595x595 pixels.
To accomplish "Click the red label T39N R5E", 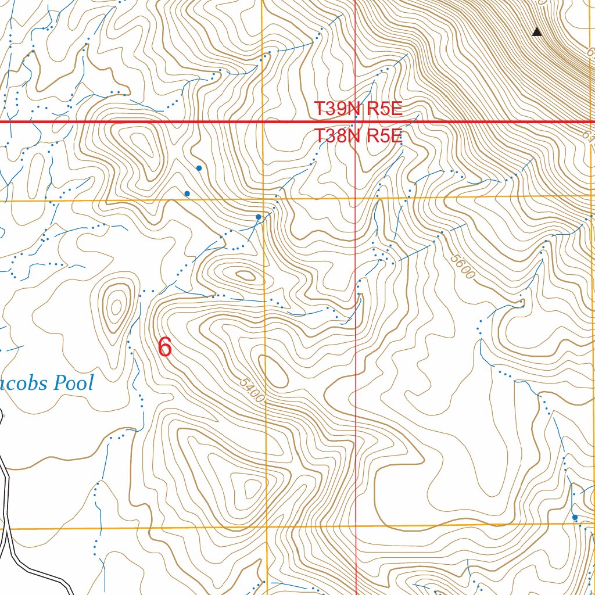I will click(x=358, y=109).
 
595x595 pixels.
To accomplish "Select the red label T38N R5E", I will click(x=358, y=137).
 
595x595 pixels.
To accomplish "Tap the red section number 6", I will click(x=165, y=347).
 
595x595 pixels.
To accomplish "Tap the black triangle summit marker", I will click(x=537, y=32).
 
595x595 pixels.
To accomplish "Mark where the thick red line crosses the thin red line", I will click(x=356, y=122).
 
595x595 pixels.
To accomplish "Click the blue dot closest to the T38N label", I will click(x=199, y=168).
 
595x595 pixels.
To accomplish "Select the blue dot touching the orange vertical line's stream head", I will click(x=259, y=217).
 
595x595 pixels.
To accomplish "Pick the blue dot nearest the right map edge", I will click(x=575, y=517).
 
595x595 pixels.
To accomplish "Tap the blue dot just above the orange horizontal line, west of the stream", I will click(x=187, y=193).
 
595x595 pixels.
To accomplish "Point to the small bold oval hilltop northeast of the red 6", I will click(x=245, y=275).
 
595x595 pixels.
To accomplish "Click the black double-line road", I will click(x=9, y=523).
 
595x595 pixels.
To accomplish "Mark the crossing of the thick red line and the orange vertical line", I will click(x=263, y=122).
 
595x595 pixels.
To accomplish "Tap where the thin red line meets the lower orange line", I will click(x=356, y=526).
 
